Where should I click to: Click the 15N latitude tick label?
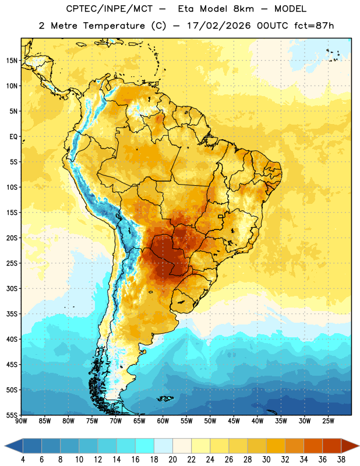[x=12, y=61]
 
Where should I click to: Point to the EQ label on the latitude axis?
[x=13, y=137]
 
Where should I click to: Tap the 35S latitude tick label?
[x=12, y=314]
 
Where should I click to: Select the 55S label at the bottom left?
[x=12, y=415]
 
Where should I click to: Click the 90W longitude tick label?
[x=21, y=421]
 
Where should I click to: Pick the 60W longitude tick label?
[x=163, y=421]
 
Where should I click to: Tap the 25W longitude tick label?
[x=328, y=421]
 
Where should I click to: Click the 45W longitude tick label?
[x=234, y=421]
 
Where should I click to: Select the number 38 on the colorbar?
[x=341, y=460]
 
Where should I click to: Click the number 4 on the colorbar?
[x=23, y=460]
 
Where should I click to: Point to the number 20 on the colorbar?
[x=172, y=460]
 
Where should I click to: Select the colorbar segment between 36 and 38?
[x=332, y=446]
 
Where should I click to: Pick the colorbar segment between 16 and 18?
[x=145, y=446]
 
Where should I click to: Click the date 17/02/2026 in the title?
[x=219, y=26]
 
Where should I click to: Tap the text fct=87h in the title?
[x=314, y=26]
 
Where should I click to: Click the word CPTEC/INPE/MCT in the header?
[x=109, y=9]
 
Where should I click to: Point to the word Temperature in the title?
[x=114, y=26]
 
